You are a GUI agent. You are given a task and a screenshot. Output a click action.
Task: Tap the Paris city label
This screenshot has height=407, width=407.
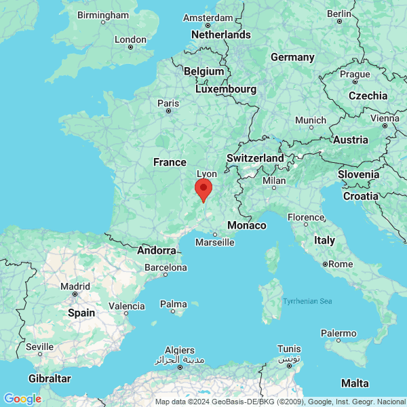[x=168, y=103]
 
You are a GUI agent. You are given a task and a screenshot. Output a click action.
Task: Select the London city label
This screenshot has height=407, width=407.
[x=131, y=39]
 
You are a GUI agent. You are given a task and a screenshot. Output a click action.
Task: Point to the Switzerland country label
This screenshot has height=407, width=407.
[x=255, y=158]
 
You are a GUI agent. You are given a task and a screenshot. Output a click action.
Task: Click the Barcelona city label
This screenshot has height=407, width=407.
[x=166, y=268]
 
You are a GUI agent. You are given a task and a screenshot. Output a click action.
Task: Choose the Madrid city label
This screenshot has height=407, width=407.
[x=75, y=286]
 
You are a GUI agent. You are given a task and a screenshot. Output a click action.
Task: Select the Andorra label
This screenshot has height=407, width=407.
[x=157, y=250]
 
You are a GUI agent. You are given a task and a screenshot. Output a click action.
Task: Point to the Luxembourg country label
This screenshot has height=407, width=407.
[x=226, y=89]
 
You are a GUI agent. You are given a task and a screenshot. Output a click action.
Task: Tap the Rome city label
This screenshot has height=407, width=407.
[x=341, y=263]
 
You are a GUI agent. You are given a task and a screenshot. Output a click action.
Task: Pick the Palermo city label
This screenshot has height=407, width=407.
[x=338, y=333]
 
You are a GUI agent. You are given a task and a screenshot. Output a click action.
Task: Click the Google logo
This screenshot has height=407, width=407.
[x=22, y=399]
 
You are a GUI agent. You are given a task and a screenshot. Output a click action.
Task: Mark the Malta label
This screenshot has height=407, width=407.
[x=355, y=383]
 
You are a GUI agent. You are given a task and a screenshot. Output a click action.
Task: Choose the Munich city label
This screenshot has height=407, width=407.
[x=311, y=120]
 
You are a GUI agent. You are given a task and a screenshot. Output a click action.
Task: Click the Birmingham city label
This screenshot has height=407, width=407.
[x=103, y=14]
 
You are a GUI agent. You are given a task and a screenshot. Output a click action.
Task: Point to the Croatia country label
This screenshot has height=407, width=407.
[x=360, y=196]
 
